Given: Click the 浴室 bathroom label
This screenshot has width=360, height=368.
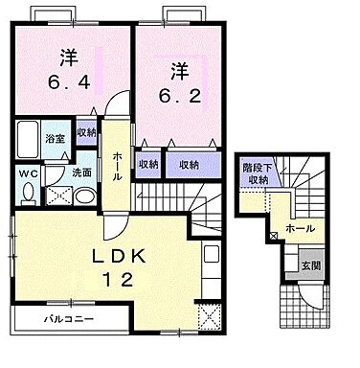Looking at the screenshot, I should click(x=55, y=140).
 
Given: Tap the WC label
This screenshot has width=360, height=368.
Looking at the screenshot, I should click(x=27, y=173).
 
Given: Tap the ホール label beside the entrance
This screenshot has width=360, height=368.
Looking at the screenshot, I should click(x=301, y=230).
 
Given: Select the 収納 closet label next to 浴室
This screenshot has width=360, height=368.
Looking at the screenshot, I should click(x=85, y=133).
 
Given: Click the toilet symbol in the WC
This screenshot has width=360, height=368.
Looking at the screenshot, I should click(x=28, y=192).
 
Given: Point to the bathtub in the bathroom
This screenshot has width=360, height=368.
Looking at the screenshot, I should click(x=26, y=142).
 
